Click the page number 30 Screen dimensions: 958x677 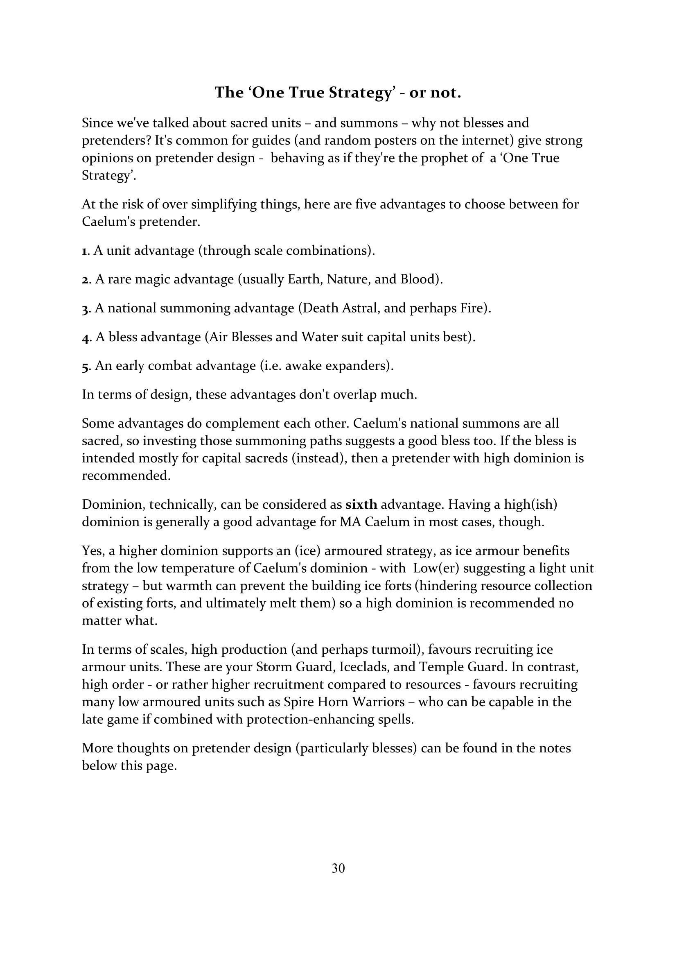pyautogui.click(x=338, y=868)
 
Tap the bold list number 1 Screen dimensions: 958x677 pyautogui.click(x=84, y=251)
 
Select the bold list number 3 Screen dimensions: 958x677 pyautogui.click(x=85, y=309)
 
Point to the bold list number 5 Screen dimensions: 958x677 pyautogui.click(x=85, y=366)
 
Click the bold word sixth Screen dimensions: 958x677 pyautogui.click(x=361, y=505)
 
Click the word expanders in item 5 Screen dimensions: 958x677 pyautogui.click(x=360, y=366)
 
